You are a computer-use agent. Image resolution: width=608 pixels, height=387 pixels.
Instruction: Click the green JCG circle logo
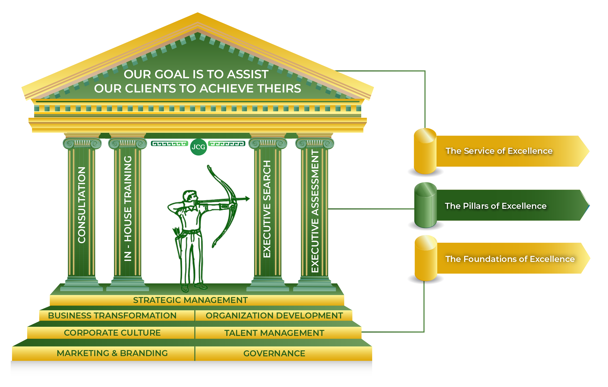[198, 147]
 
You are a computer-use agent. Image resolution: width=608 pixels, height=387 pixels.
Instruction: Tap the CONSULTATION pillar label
[82, 205]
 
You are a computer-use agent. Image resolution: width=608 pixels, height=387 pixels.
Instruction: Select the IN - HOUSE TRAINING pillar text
[128, 209]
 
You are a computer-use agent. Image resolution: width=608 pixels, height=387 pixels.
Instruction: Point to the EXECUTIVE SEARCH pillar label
[267, 209]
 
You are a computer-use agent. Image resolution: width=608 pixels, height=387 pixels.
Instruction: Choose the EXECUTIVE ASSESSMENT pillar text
[315, 211]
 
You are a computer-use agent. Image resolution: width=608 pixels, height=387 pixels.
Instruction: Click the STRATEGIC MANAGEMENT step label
[190, 300]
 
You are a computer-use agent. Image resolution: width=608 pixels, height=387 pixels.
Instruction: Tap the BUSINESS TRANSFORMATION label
[112, 315]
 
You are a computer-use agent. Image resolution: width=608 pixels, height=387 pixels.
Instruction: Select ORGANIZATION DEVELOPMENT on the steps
[274, 315]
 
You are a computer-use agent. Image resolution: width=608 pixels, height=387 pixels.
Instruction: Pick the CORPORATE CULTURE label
[112, 333]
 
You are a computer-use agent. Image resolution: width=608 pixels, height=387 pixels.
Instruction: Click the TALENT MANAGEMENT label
[274, 333]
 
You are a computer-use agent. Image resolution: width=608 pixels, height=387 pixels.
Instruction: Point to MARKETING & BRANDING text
[112, 353]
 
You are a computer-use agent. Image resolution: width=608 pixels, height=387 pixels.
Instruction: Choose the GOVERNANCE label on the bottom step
[274, 353]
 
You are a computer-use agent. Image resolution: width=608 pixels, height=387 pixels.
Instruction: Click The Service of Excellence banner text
[499, 151]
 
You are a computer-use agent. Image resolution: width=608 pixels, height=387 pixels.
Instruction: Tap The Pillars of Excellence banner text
[496, 206]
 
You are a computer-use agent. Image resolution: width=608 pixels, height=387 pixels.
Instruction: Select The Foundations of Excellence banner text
[510, 259]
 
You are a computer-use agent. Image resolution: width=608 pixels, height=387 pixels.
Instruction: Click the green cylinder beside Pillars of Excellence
[426, 206]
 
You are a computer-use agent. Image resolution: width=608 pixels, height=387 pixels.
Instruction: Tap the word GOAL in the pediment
[172, 74]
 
